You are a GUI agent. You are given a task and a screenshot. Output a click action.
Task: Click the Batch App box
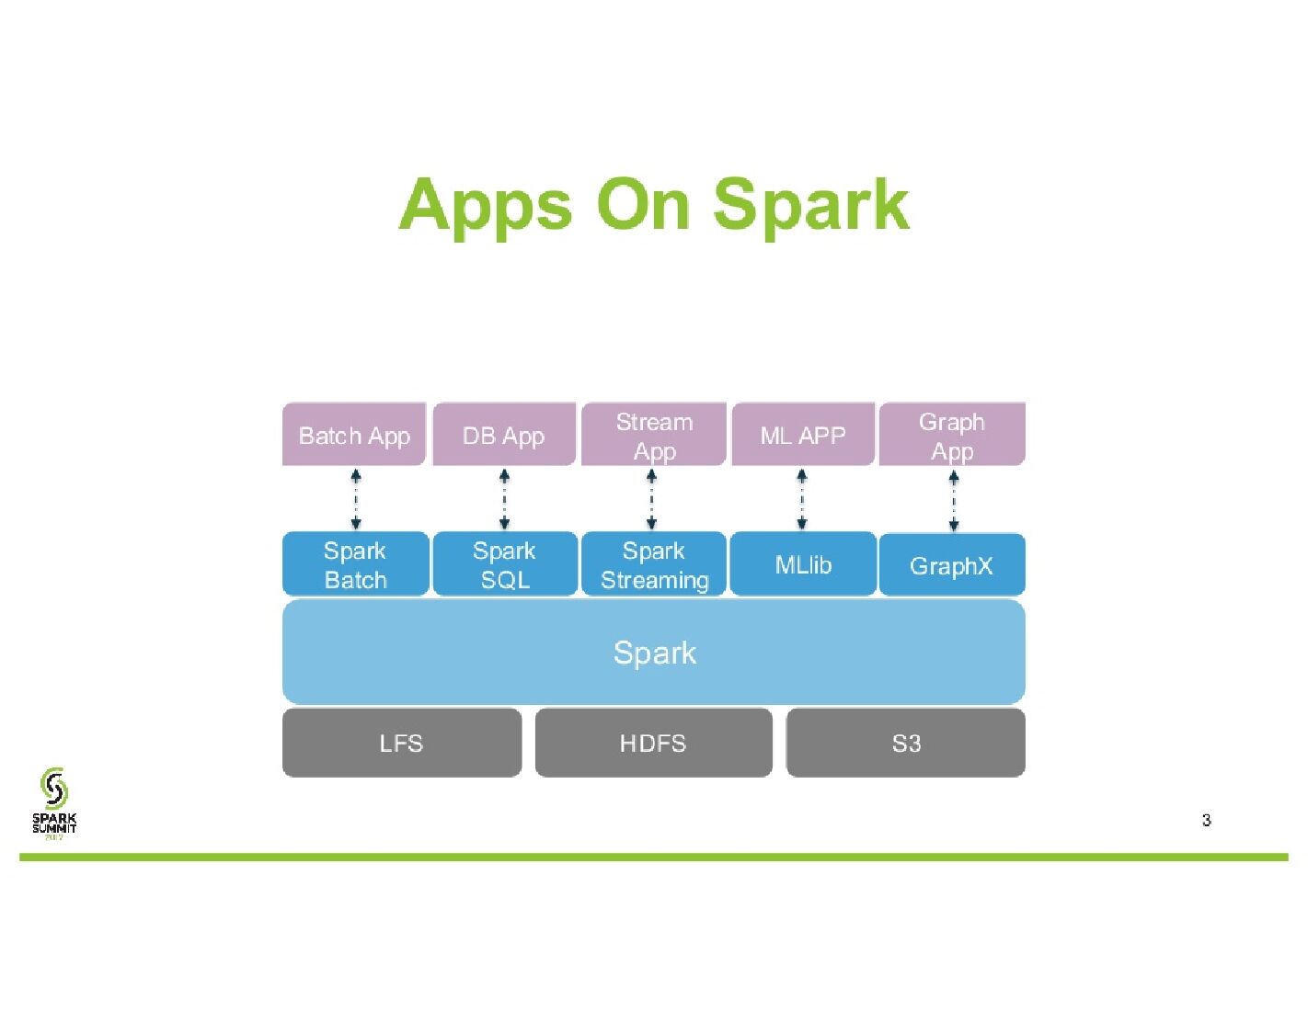tap(354, 435)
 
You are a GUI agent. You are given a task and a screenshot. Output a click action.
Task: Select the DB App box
tap(504, 435)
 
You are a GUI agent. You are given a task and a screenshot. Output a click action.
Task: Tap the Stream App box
tap(654, 435)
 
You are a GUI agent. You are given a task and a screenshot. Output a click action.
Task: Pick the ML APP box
tap(803, 435)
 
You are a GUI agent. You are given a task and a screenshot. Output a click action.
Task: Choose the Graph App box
tap(952, 435)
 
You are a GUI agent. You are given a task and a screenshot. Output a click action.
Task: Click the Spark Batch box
tap(355, 564)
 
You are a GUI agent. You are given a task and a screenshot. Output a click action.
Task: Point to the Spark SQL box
tap(505, 564)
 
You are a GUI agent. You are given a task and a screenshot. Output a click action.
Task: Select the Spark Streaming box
tap(654, 564)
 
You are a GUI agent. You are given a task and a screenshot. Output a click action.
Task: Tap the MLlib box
tap(803, 564)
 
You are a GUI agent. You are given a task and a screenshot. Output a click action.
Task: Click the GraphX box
tap(952, 565)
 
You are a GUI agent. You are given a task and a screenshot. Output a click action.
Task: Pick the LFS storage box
tap(402, 743)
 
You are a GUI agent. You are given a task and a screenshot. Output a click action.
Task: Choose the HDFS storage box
tap(653, 743)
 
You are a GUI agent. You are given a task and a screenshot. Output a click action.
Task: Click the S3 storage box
tap(906, 743)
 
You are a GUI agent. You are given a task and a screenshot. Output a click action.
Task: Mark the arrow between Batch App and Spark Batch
tap(356, 499)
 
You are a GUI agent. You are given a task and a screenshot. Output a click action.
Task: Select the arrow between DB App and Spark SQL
tap(504, 499)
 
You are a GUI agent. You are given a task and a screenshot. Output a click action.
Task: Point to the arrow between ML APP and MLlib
tap(802, 499)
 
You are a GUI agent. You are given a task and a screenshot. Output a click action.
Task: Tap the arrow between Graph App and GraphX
tap(954, 501)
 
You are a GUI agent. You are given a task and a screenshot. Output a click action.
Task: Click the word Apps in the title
tap(485, 206)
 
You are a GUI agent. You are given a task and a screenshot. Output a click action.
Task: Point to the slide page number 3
tap(1206, 820)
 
